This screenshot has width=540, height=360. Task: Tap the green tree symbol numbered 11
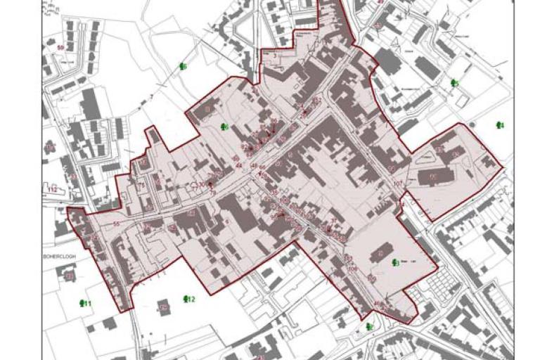pos(84,303)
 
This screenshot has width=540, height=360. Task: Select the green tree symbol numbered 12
pos(187,300)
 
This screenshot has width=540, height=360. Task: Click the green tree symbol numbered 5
pos(454,83)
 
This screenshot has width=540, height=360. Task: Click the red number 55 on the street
pos(116,224)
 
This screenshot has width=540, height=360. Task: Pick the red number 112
pos(52,190)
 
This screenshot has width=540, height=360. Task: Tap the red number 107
pos(398,184)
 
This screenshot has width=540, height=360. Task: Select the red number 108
pos(353,269)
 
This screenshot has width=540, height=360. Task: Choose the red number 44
pos(239,165)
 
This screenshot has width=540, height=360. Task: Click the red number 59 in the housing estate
pos(60,48)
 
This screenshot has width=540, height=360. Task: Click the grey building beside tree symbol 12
pos(164,307)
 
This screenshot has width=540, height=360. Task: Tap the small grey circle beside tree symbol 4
pos(472,125)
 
